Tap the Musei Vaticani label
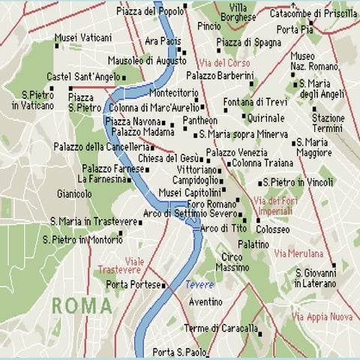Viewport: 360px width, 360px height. pyautogui.click(x=85, y=37)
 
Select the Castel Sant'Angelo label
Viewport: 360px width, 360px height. pyautogui.click(x=82, y=76)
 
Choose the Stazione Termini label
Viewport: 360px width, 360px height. pyautogui.click(x=328, y=123)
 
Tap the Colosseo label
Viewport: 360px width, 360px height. pyautogui.click(x=273, y=229)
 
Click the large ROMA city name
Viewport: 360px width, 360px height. pyautogui.click(x=82, y=306)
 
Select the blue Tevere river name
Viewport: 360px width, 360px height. pyautogui.click(x=199, y=285)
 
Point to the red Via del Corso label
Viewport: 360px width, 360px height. pyautogui.click(x=223, y=63)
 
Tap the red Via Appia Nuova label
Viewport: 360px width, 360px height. pyautogui.click(x=322, y=316)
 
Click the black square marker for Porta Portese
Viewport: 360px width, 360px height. pyautogui.click(x=163, y=285)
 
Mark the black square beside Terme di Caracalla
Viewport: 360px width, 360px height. pyautogui.click(x=262, y=329)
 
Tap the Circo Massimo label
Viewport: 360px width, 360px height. pyautogui.click(x=232, y=262)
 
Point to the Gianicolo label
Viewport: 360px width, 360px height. pyautogui.click(x=74, y=193)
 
